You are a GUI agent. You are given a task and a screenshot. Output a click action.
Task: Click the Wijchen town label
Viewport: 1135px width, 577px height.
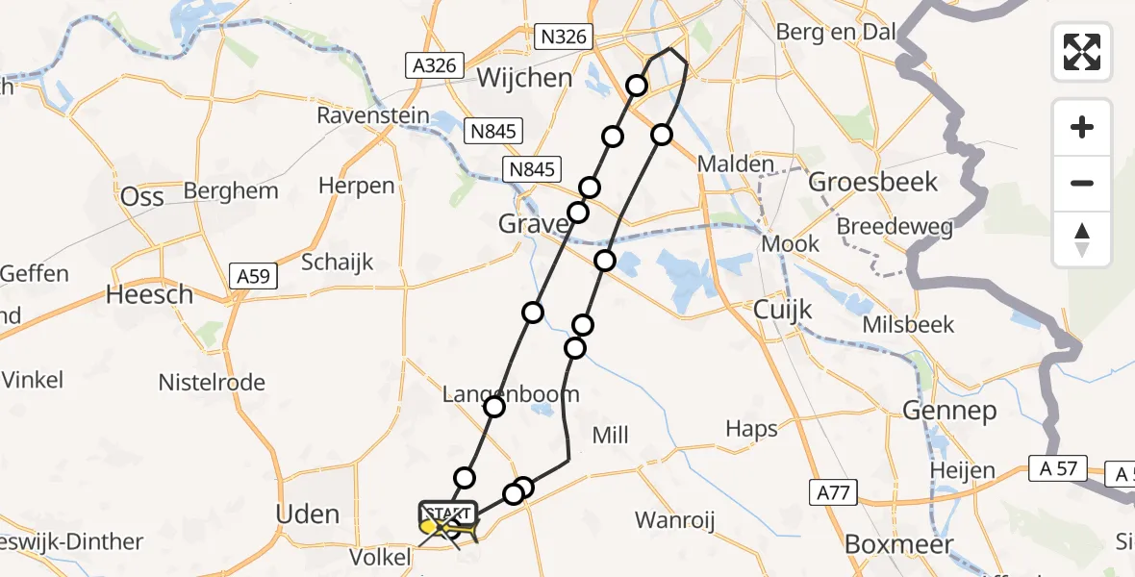(x=524, y=77)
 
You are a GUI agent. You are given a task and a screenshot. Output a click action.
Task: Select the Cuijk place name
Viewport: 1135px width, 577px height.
(x=782, y=310)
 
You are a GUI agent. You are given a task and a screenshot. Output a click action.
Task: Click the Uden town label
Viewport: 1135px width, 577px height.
(x=307, y=514)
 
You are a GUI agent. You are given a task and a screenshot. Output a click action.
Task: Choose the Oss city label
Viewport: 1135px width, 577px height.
(x=141, y=196)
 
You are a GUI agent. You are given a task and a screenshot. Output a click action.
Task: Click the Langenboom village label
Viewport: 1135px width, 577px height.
(x=511, y=393)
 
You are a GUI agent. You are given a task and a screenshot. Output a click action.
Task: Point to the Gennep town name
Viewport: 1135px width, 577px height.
(x=947, y=411)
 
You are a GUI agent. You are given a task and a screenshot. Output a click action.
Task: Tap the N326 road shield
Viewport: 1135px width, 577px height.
(x=563, y=38)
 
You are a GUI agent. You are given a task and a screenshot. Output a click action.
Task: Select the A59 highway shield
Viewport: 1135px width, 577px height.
(x=254, y=277)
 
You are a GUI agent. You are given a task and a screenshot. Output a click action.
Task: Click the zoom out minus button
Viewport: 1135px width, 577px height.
(x=1082, y=183)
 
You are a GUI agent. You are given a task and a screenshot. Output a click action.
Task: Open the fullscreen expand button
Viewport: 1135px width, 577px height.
(x=1082, y=52)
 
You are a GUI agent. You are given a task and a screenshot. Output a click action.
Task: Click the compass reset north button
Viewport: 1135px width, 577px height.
(x=1082, y=238)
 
